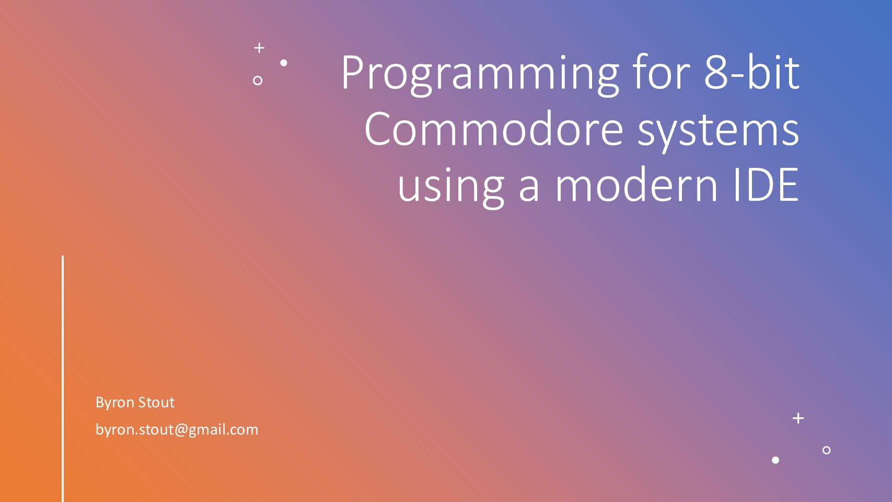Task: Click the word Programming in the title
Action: [480, 75]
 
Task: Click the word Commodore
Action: [494, 128]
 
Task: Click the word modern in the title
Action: [636, 184]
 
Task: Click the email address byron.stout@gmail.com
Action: [177, 430]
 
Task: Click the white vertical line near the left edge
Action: [63, 379]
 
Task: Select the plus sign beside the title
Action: [259, 48]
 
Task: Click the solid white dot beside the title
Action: [284, 63]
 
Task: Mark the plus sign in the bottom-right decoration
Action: [798, 418]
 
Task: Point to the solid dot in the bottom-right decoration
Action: [775, 460]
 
